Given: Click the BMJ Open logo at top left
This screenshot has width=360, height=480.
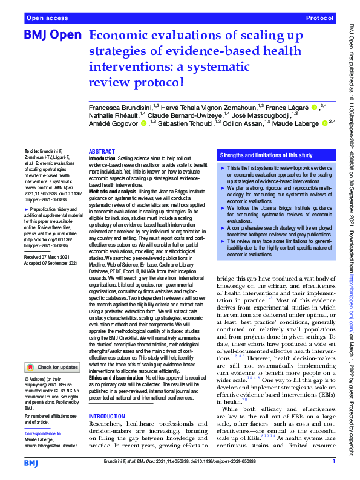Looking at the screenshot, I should pyautogui.click(x=52, y=36).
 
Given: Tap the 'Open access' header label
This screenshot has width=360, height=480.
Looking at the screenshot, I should pyautogui.click(x=47, y=19).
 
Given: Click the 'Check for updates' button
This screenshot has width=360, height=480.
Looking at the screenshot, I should pyautogui.click(x=51, y=367).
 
